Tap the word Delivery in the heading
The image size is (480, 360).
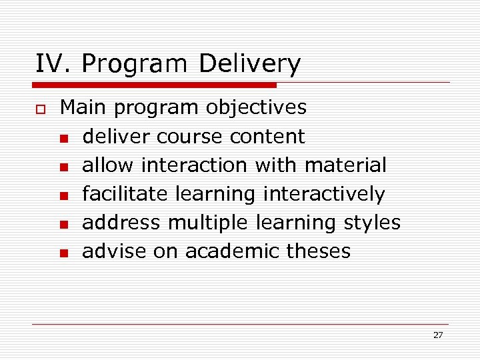[249, 64]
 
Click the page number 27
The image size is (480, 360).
[437, 335]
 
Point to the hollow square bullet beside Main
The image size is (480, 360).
[40, 109]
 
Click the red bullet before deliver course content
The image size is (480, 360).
[63, 138]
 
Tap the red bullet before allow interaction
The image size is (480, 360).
[63, 167]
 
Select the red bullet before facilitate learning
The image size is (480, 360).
[63, 195]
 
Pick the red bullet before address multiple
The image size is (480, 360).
[63, 224]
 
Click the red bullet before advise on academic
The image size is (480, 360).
[63, 253]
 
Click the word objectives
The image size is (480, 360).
[256, 107]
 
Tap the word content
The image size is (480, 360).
[267, 136]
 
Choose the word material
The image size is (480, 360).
[345, 165]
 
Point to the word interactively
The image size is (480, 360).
[324, 193]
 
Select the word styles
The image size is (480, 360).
[372, 222]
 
